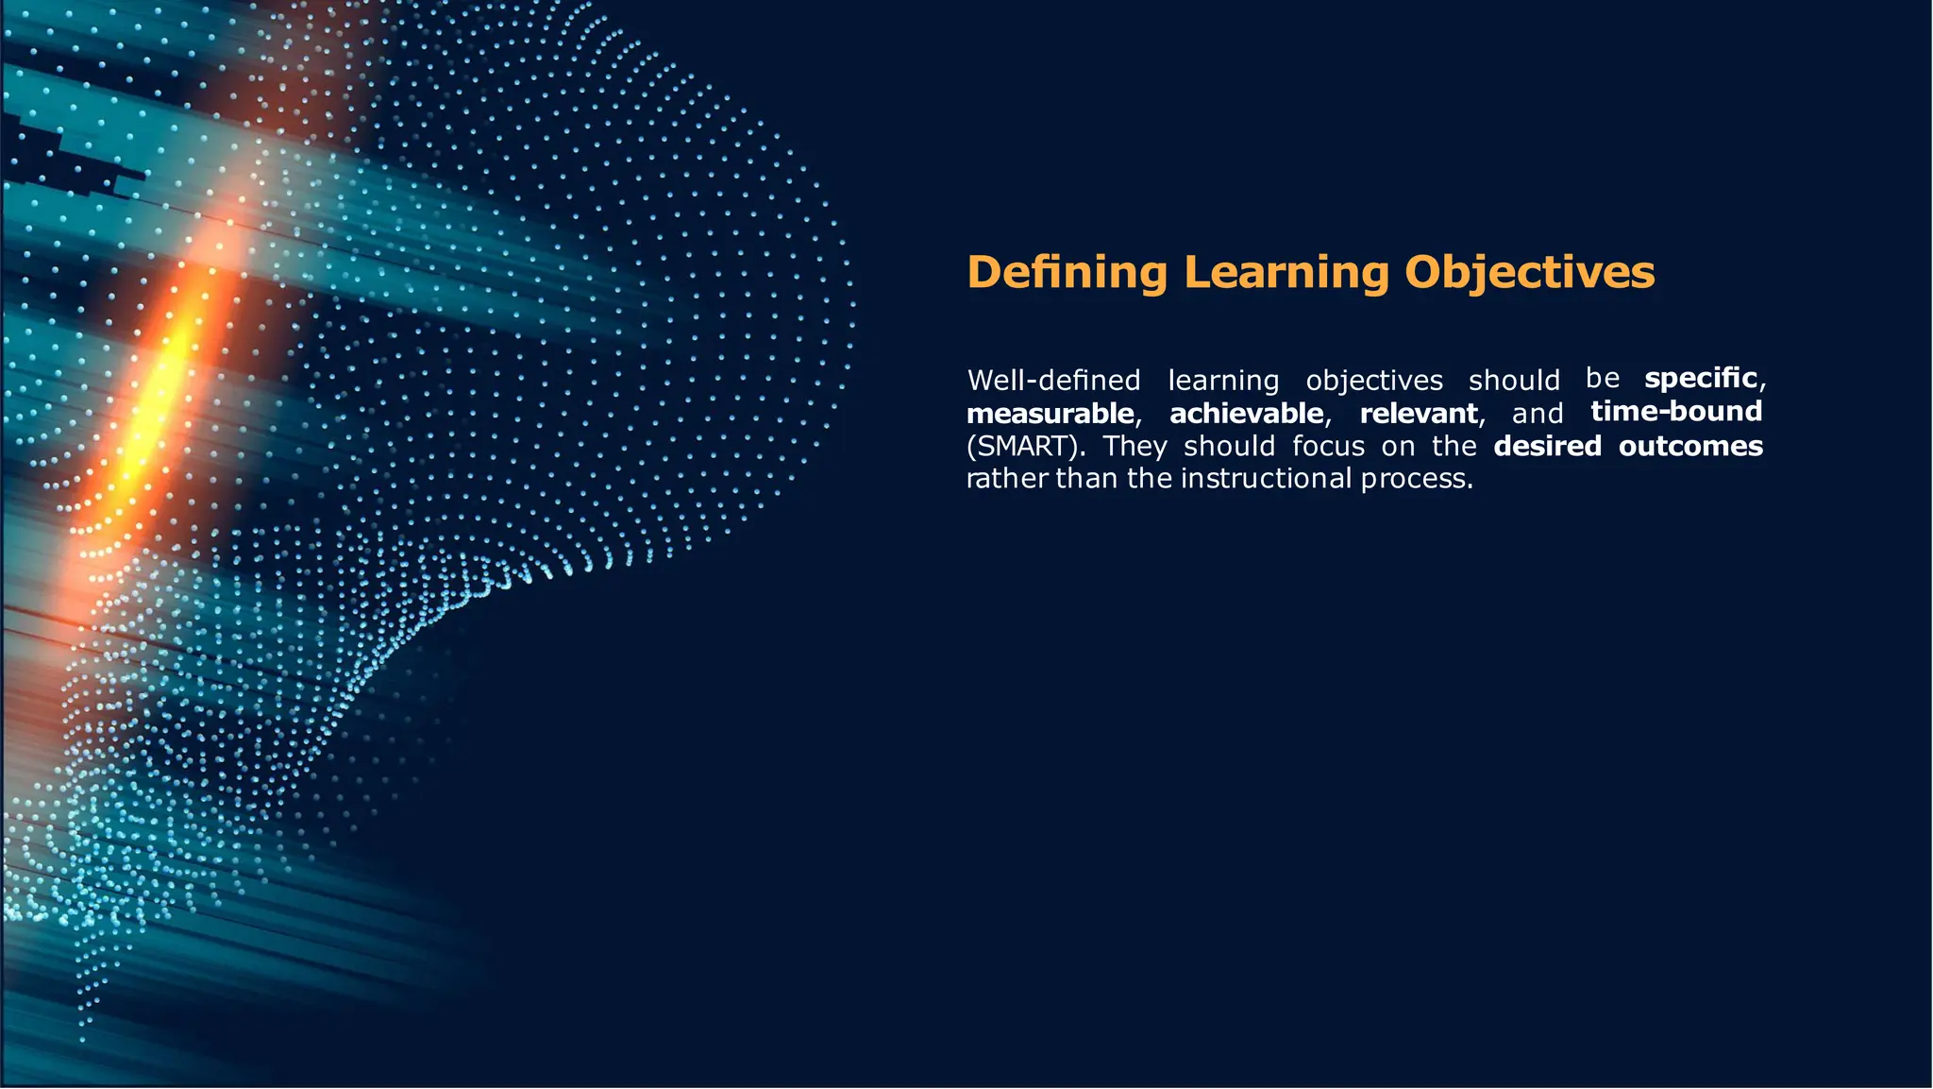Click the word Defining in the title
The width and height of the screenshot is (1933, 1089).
coord(1067,273)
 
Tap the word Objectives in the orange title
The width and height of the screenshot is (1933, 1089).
coord(1529,273)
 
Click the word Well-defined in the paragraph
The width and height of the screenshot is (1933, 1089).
coord(1053,381)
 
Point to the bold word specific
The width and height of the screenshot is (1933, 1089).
coord(1701,378)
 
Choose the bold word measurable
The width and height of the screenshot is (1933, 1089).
coord(1050,414)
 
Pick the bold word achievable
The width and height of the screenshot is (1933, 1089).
coord(1246,414)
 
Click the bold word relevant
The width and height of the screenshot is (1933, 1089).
coord(1419,414)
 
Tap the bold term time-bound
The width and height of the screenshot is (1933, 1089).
coord(1676,412)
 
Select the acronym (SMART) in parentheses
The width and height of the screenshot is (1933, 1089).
coord(1022,446)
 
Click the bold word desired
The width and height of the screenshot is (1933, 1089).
coord(1547,446)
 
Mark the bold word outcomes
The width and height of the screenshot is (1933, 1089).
coord(1690,446)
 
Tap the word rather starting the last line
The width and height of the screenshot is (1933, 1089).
coord(1007,479)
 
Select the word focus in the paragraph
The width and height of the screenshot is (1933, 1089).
coord(1328,446)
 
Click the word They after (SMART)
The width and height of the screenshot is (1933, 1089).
coord(1135,446)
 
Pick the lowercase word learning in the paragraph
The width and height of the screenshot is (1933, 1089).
coord(1223,381)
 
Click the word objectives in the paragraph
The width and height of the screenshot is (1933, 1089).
coord(1374,381)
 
